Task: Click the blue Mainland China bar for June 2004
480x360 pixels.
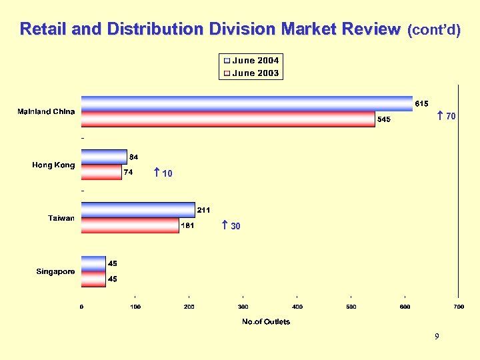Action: coord(247,103)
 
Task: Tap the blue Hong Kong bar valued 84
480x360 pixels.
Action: coord(104,157)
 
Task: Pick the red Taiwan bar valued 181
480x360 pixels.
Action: coord(130,225)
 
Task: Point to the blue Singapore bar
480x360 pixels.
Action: coord(93,263)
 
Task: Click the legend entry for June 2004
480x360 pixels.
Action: coord(251,61)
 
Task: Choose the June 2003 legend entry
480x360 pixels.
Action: coord(251,73)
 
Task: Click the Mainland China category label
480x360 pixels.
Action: coord(46,111)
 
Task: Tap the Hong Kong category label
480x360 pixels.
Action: coord(53,165)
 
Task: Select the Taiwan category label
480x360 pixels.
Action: coord(61,218)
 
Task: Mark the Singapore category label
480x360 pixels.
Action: coord(55,271)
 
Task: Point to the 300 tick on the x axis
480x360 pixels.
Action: coord(243,307)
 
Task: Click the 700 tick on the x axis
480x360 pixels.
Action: coord(458,307)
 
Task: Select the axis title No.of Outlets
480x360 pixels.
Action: coord(266,322)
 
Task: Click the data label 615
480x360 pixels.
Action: coord(421,103)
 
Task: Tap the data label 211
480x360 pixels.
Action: coord(204,210)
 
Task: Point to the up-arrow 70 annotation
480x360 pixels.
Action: coord(446,117)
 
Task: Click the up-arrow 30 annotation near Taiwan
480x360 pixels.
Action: coord(231,227)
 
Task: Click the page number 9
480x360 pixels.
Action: coord(437,337)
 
